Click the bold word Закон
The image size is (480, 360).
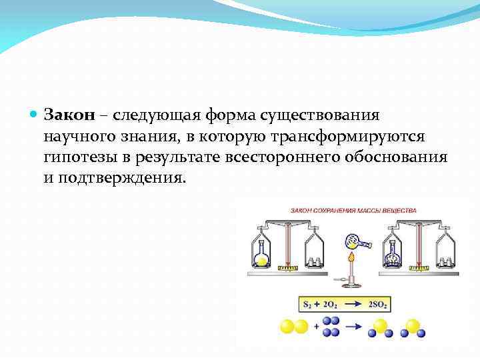70,115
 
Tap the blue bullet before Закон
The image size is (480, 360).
35,115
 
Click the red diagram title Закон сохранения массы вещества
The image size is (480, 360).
353,211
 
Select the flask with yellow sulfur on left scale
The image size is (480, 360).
262,254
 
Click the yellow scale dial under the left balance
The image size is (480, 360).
287,269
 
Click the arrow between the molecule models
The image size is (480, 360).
353,327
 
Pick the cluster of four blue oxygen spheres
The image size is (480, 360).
331,326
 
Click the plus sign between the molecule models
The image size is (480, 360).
314,327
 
